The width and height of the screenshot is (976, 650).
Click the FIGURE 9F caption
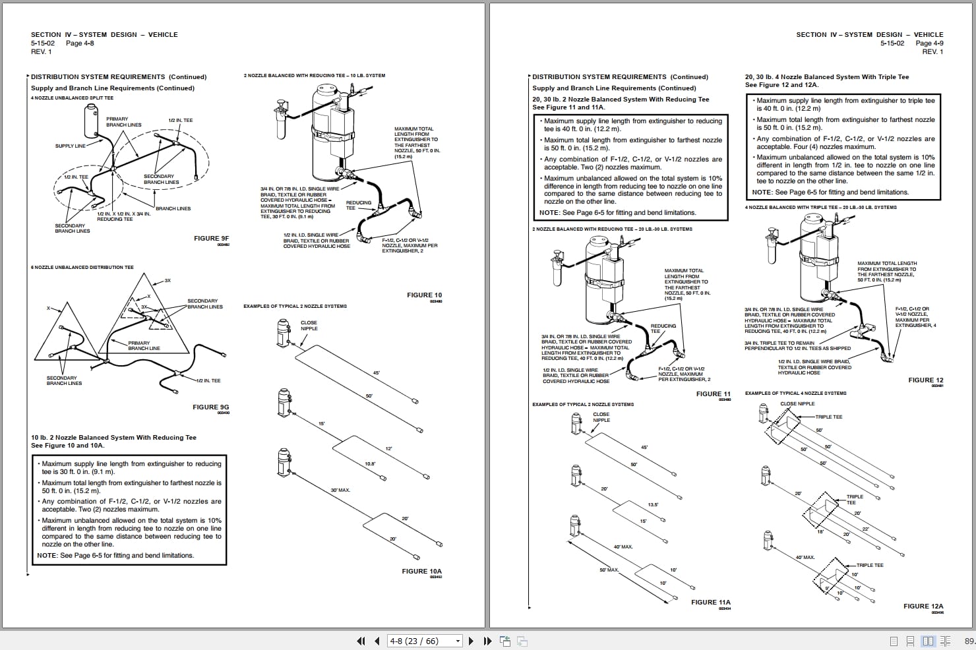pyautogui.click(x=211, y=239)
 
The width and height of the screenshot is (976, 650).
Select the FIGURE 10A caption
pyautogui.click(x=421, y=572)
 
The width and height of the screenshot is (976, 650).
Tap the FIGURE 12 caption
pyautogui.click(x=925, y=380)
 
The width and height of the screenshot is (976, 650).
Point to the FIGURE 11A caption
pyautogui.click(x=710, y=603)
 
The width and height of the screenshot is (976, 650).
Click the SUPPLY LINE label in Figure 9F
pyautogui.click(x=70, y=146)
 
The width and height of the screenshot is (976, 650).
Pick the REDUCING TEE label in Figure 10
pyautogui.click(x=358, y=205)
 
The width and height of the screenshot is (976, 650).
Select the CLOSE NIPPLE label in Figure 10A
pyautogui.click(x=309, y=326)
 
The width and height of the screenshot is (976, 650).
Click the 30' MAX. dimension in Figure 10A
pyautogui.click(x=340, y=490)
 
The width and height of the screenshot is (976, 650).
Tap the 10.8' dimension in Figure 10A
pyautogui.click(x=370, y=464)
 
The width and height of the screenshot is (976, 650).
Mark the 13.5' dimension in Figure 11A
pyautogui.click(x=652, y=505)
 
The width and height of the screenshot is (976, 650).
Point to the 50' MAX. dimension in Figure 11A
pyautogui.click(x=609, y=570)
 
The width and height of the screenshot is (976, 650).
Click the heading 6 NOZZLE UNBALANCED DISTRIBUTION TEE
pyautogui.click(x=82, y=268)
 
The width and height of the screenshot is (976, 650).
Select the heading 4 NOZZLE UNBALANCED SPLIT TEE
pyautogui.click(x=72, y=98)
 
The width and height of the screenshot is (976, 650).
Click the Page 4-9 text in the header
pyautogui.click(x=929, y=44)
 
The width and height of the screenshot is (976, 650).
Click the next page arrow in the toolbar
pyautogui.click(x=471, y=641)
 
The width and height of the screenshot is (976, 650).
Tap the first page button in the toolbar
pyautogui.click(x=361, y=641)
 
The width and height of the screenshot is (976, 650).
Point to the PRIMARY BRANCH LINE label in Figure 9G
pyautogui.click(x=138, y=345)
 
